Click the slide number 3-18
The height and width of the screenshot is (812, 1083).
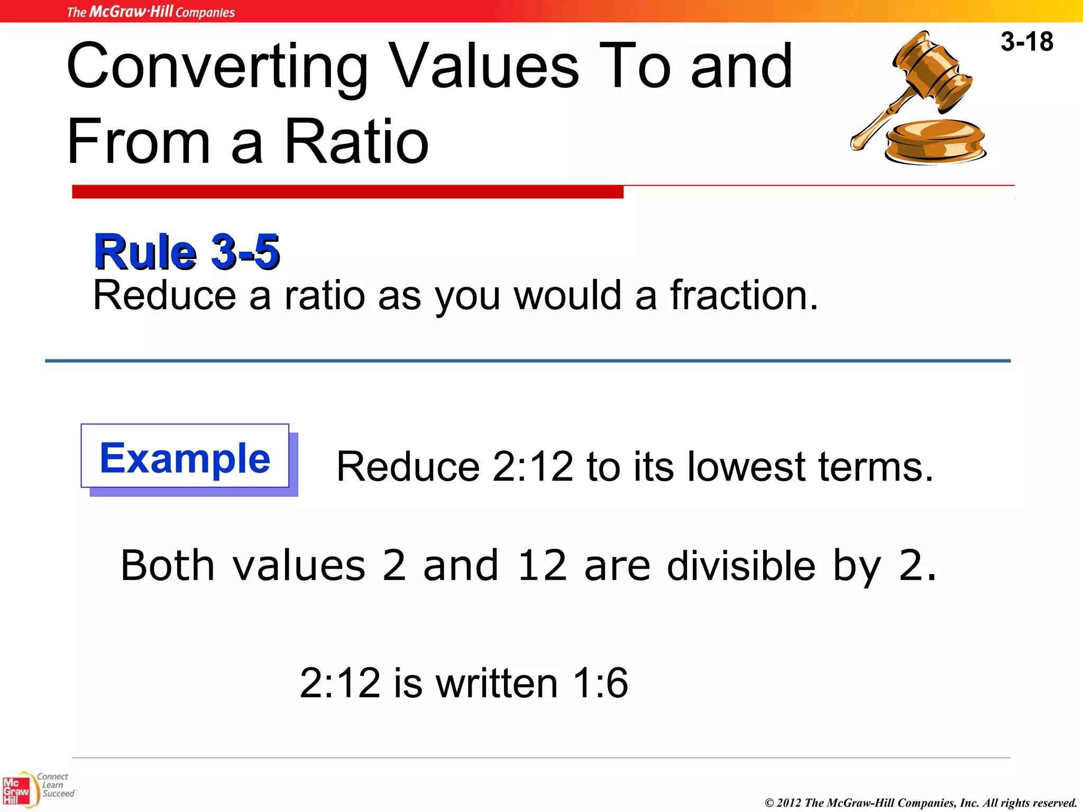click(1026, 42)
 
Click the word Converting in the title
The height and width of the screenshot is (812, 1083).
click(217, 67)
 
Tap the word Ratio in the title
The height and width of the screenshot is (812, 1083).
click(356, 142)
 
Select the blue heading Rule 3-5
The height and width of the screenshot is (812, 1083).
click(186, 252)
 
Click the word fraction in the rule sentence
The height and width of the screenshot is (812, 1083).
click(744, 295)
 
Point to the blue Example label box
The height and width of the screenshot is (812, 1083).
click(185, 457)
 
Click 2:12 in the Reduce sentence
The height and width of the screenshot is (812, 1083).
click(532, 467)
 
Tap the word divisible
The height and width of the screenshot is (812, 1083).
click(741, 566)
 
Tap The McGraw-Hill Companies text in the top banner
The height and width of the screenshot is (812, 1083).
click(151, 12)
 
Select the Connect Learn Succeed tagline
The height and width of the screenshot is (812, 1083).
click(56, 785)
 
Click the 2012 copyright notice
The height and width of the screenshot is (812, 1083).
click(920, 802)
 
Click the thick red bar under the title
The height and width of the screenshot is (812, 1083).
click(347, 192)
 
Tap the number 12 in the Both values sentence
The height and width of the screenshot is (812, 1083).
click(542, 566)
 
